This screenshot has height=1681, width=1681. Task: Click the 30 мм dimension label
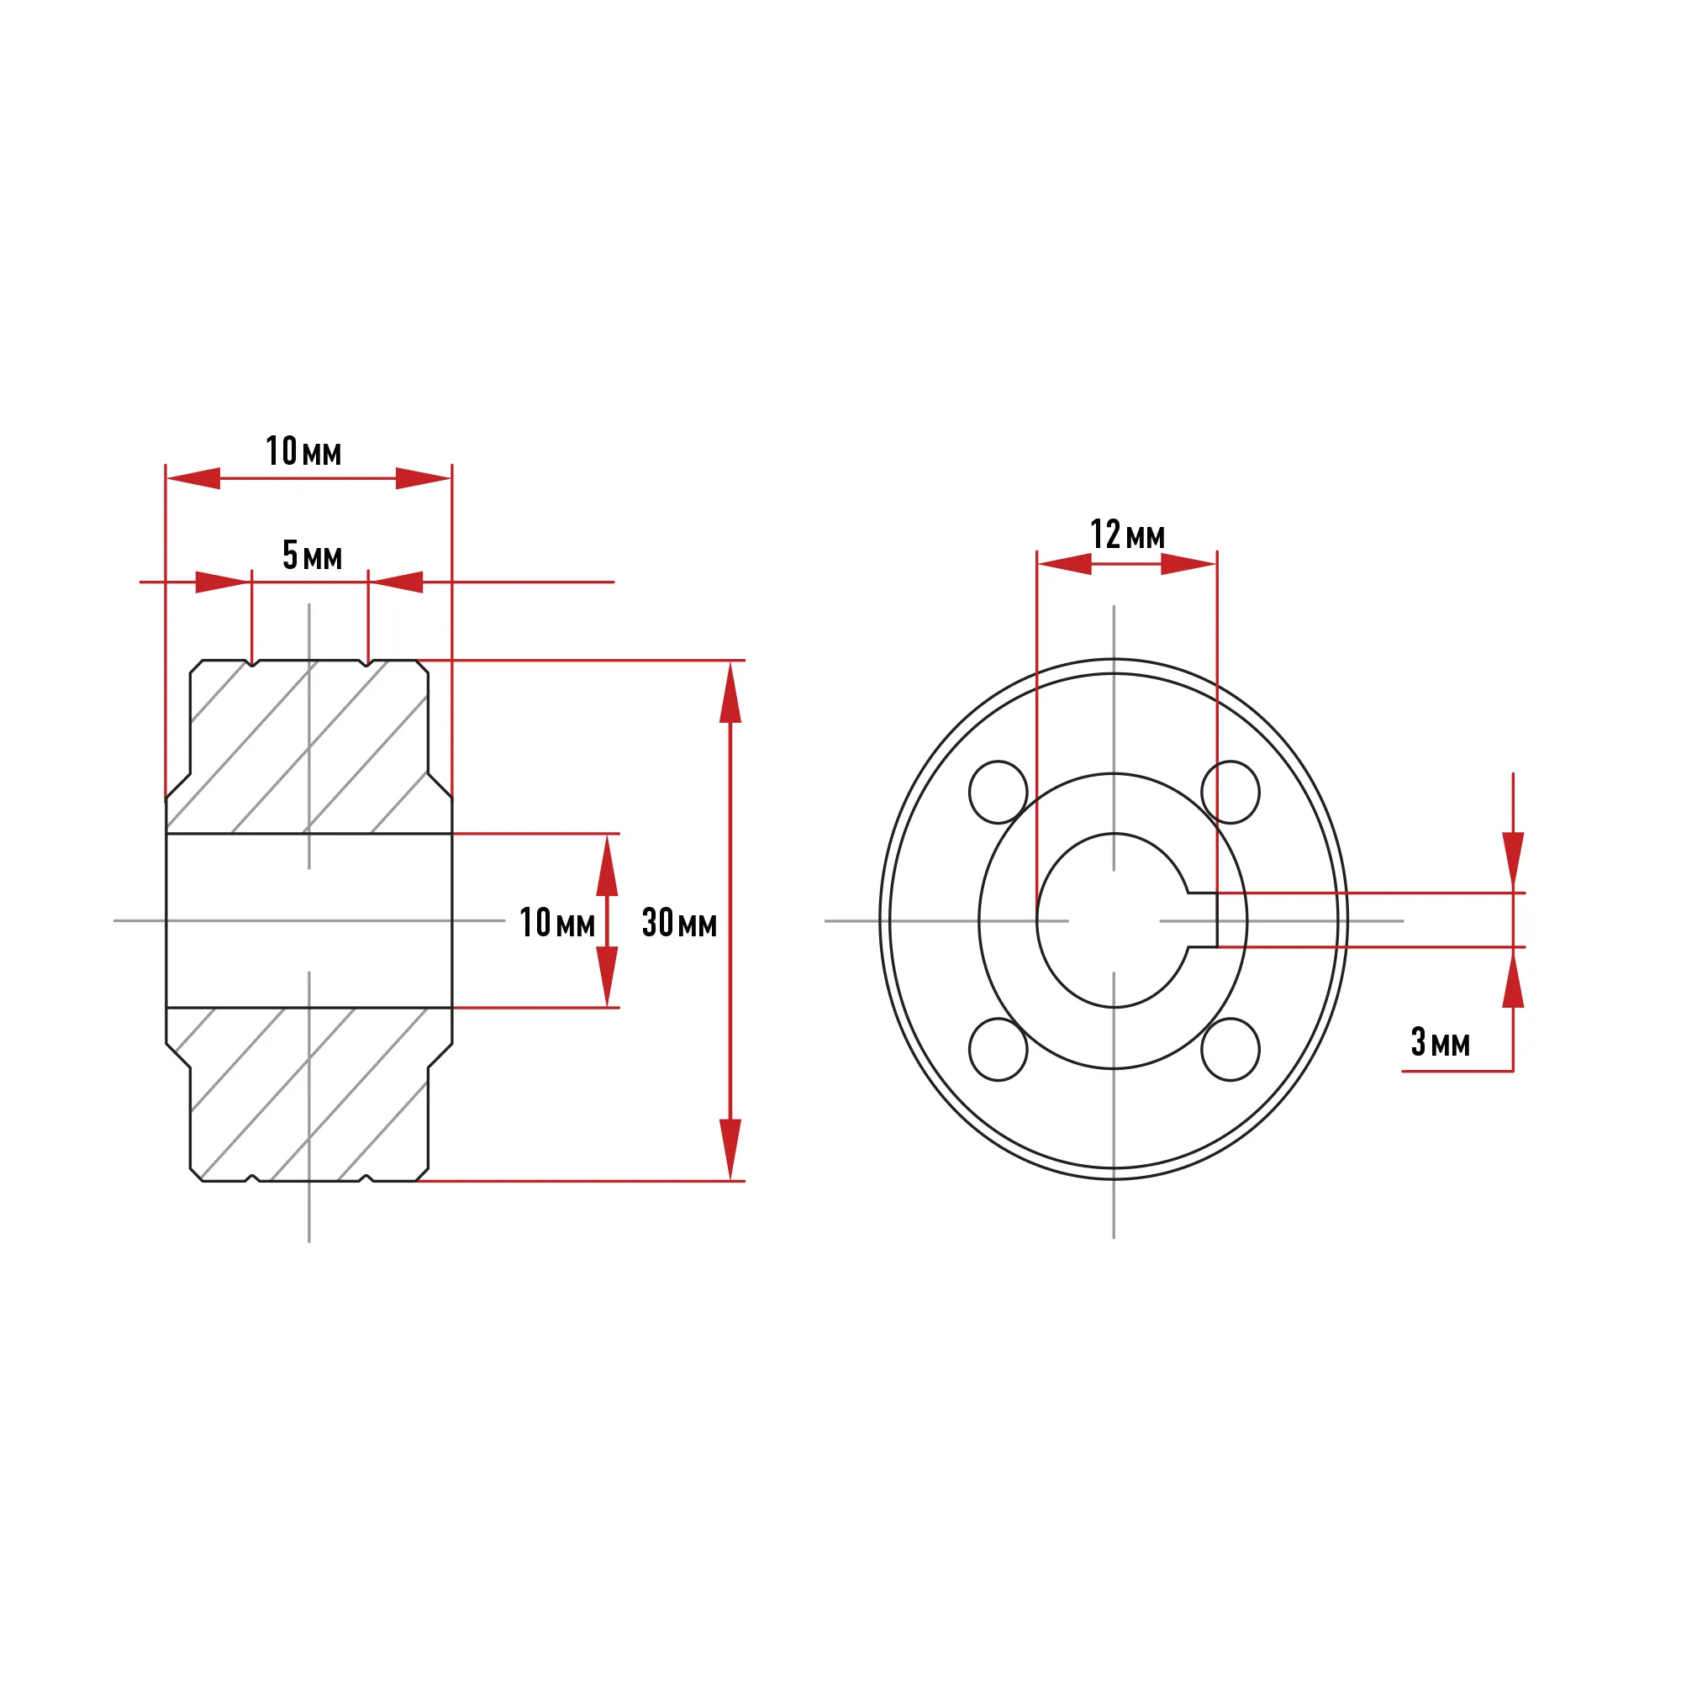tap(678, 922)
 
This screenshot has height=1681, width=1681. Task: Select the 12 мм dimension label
tap(1128, 535)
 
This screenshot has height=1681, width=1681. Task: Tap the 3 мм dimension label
tap(1440, 1041)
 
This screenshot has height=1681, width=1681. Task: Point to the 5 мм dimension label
tap(313, 554)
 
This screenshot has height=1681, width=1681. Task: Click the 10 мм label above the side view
tap(303, 451)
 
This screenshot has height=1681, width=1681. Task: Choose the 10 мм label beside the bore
tap(557, 922)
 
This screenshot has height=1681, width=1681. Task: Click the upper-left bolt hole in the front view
tap(998, 792)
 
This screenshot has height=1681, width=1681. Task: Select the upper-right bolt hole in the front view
tap(1230, 792)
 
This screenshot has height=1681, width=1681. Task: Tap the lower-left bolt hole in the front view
tap(998, 1049)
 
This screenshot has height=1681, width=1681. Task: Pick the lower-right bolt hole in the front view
tap(1230, 1049)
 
